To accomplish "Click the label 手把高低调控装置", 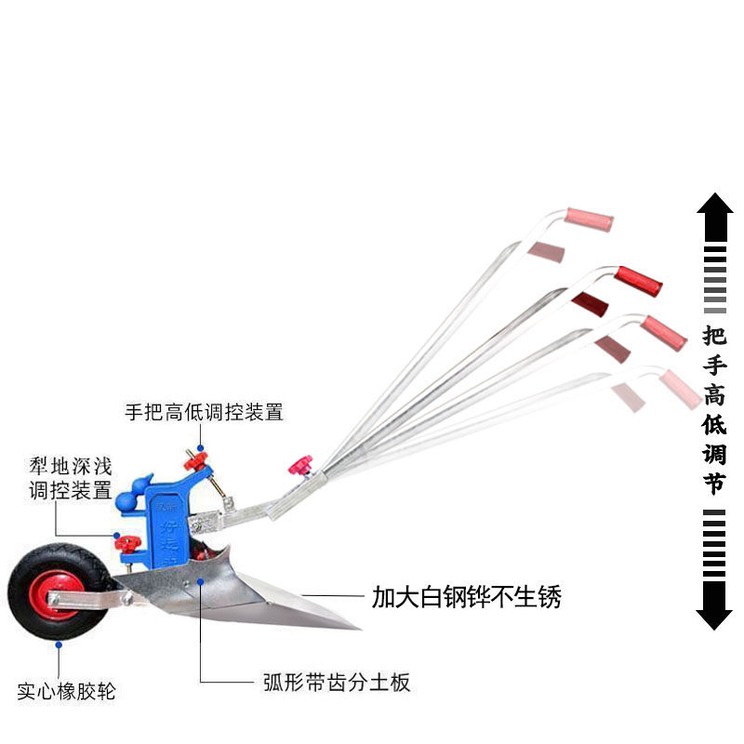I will [x=204, y=411].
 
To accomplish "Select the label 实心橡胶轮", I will [x=67, y=692].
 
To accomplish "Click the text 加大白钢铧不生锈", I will [x=467, y=596].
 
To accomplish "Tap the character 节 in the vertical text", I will [x=714, y=484].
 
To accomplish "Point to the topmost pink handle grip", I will [x=590, y=219].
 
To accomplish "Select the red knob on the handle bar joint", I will [x=301, y=464].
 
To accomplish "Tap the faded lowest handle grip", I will [x=682, y=388].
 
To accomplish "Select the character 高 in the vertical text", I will [x=714, y=395].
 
